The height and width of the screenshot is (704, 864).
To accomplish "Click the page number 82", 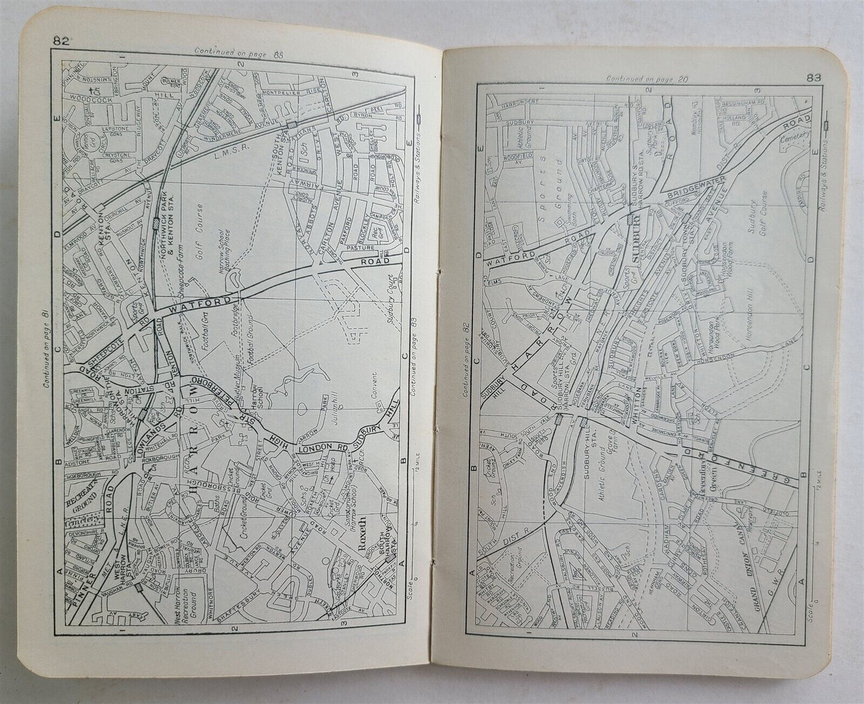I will (60, 41).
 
